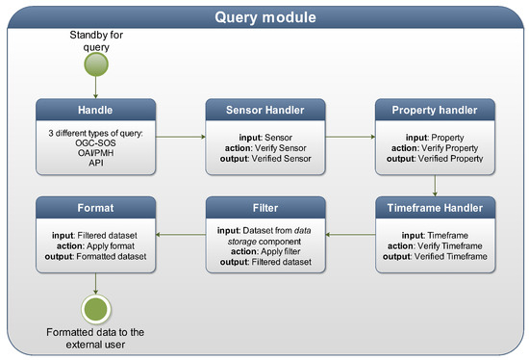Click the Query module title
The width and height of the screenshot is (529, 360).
pyautogui.click(x=264, y=16)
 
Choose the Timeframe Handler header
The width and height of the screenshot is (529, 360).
pyautogui.click(x=436, y=207)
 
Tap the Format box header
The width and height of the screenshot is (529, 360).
pyautogui.click(x=95, y=207)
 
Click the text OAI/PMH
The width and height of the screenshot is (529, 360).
pyautogui.click(x=95, y=156)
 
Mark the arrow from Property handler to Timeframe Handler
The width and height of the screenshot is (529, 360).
pyautogui.click(x=436, y=186)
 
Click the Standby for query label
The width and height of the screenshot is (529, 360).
pyautogui.click(x=95, y=40)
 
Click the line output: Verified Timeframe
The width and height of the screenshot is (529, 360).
pyautogui.click(x=436, y=254)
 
